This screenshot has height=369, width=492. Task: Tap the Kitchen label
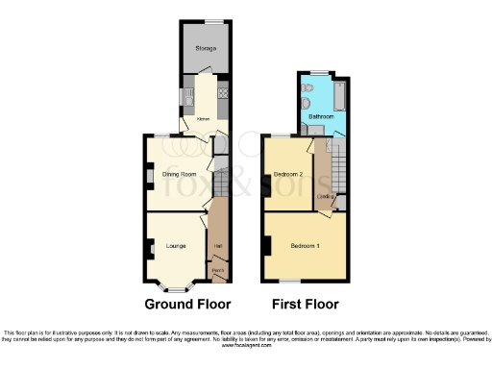point(203,119)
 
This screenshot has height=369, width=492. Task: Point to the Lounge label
point(176,246)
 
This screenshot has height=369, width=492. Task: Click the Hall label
point(218,247)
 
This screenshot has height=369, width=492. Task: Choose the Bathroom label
point(321,116)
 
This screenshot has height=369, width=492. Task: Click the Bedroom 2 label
point(288,174)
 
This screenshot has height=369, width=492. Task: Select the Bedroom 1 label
point(306,246)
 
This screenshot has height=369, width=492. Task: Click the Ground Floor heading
point(188,305)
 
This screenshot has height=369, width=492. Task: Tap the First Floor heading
point(306,305)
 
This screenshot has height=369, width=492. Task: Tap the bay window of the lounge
point(176,285)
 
